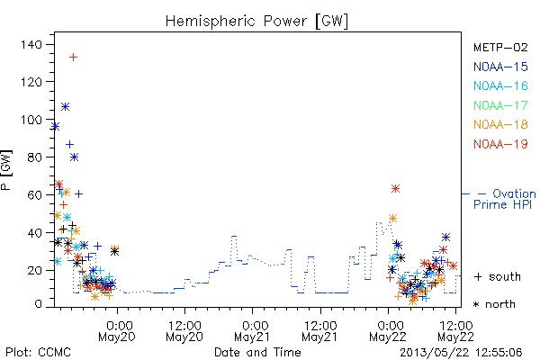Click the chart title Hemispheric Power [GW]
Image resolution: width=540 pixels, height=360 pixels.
point(256,21)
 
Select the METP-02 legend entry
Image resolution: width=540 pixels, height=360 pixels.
point(500,47)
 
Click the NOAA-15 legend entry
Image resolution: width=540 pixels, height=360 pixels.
point(500,67)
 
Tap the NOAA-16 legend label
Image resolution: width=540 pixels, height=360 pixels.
point(500,85)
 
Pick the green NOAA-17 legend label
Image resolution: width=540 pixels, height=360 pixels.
point(500,105)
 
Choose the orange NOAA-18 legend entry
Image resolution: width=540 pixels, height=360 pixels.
point(500,124)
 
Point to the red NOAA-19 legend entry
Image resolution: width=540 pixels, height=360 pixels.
point(500,144)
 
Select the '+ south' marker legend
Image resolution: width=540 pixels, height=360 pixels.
point(498,276)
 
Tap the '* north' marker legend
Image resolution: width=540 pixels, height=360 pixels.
point(494,304)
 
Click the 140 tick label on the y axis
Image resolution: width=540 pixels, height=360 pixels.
point(31,44)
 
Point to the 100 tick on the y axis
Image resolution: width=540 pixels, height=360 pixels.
point(31,120)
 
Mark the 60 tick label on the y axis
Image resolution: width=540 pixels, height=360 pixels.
point(34,195)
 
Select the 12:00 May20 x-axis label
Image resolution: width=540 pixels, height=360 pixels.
point(184,331)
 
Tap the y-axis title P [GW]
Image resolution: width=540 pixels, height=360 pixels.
point(6,170)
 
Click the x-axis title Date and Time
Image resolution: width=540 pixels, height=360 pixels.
point(257,353)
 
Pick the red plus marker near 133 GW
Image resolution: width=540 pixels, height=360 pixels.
point(73,58)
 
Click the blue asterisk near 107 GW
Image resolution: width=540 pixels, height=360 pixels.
point(65,107)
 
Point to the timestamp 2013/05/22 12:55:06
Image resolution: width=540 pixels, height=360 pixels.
point(461,353)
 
